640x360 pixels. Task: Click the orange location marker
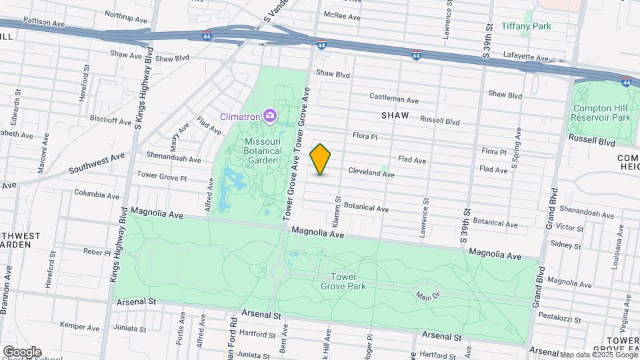(x=321, y=159)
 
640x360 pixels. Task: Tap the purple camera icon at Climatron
(x=270, y=116)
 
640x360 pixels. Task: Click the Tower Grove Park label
(x=343, y=281)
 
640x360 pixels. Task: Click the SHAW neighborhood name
(x=395, y=115)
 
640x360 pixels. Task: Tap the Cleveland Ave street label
(x=371, y=173)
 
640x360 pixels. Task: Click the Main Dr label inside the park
(x=427, y=295)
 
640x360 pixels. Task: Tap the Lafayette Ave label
(x=525, y=55)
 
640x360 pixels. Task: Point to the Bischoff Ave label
(x=111, y=121)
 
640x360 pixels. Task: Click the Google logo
(x=21, y=351)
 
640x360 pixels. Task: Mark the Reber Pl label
(x=96, y=252)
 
